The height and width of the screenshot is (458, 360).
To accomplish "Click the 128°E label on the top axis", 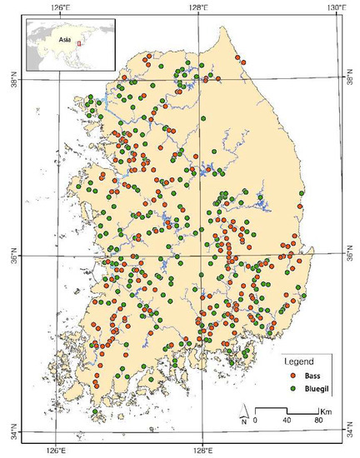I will pos(198,7).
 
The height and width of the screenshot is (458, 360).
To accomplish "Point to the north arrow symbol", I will pos(242,412).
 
